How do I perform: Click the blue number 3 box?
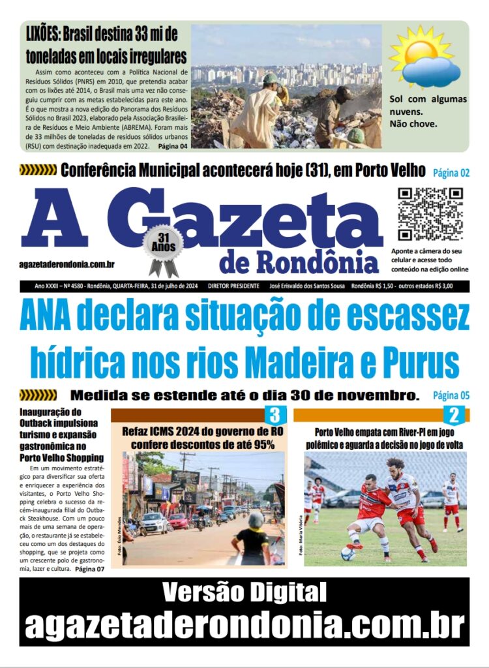pos(274,415)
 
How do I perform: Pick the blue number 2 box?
pos(454,415)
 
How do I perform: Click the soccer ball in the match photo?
pos(348,553)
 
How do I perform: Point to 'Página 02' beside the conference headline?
pos(451,173)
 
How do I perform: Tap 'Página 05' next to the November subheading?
pos(451,395)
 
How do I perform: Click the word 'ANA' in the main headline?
pos(52,318)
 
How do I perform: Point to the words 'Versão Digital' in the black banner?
pos(244,593)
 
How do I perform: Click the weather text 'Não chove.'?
pos(413,123)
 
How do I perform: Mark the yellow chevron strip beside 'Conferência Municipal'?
pos(38,171)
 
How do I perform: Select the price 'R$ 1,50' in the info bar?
pos(377,286)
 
